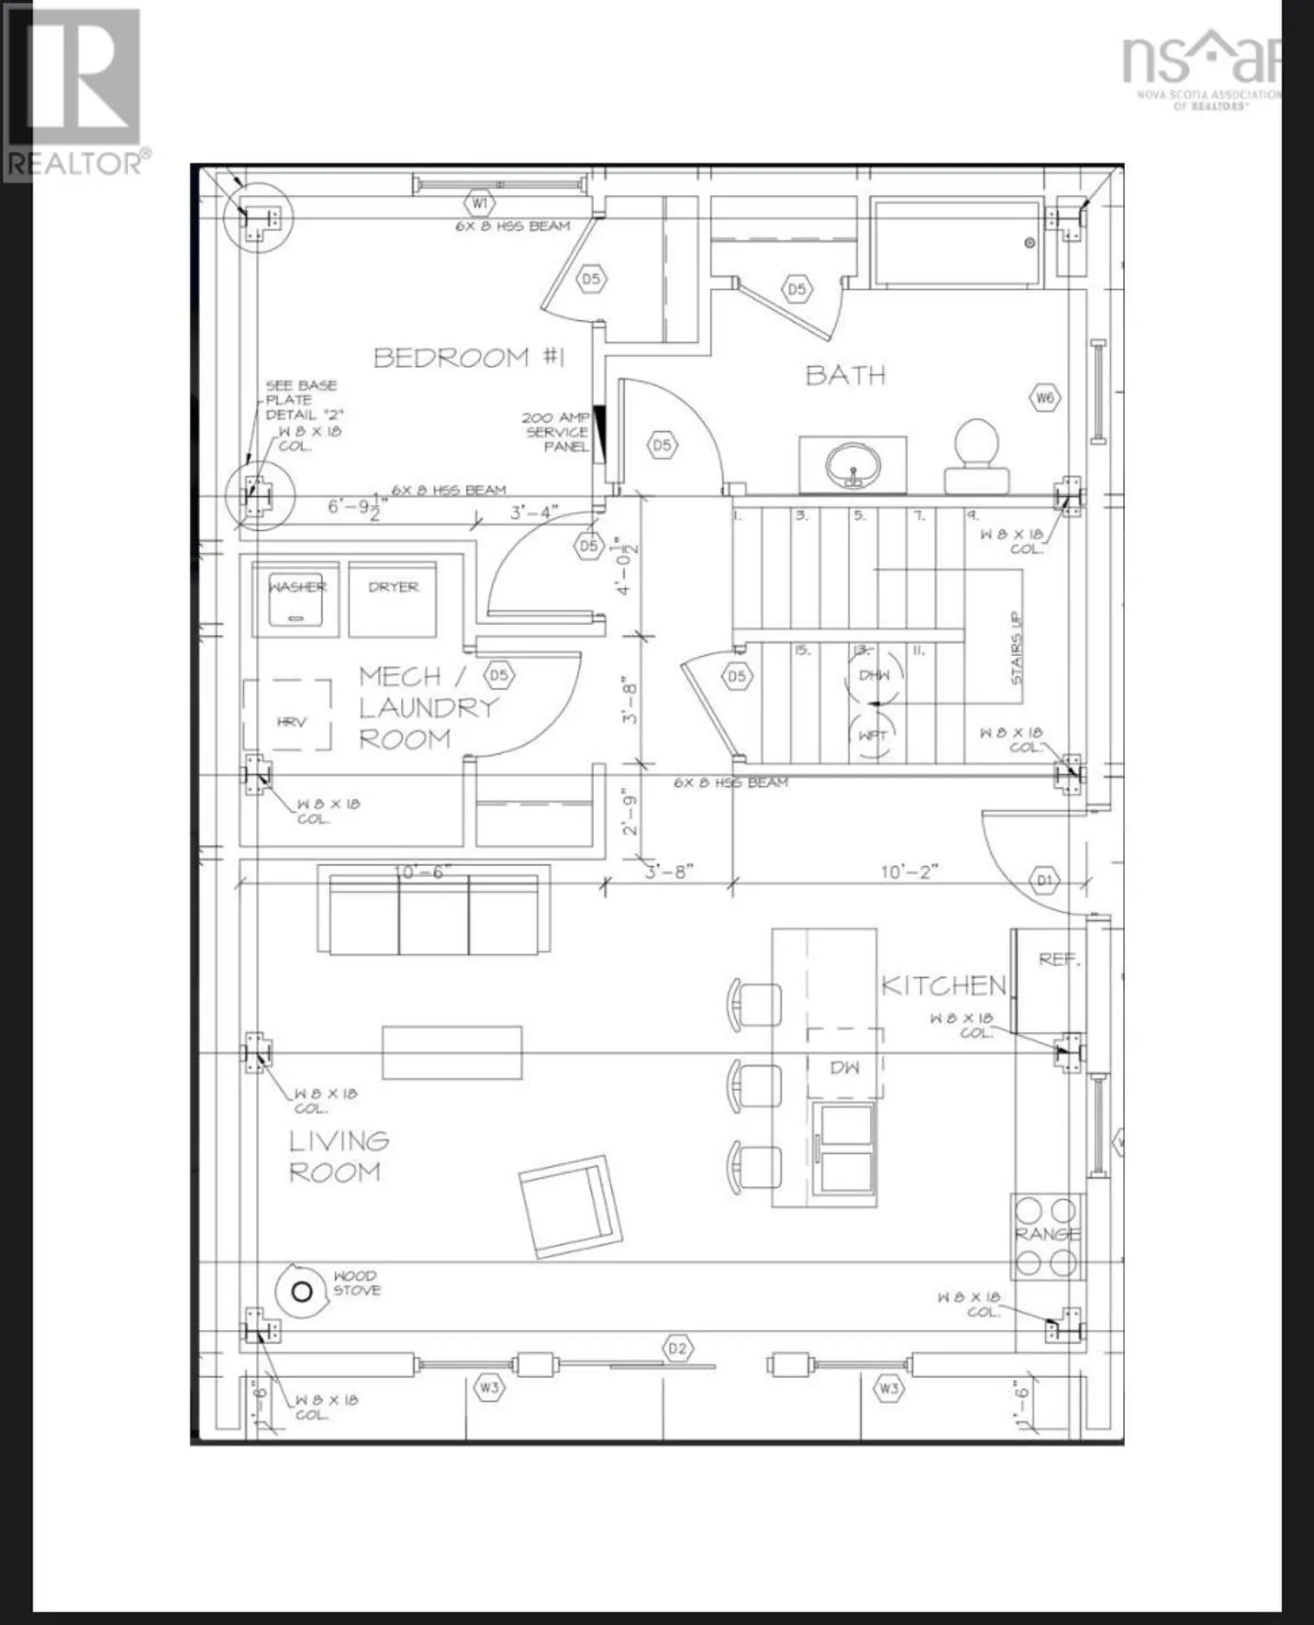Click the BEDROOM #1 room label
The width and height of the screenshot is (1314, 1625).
pyautogui.click(x=469, y=357)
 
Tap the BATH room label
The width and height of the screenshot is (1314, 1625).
pyautogui.click(x=845, y=375)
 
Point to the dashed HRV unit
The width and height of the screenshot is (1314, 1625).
pyautogui.click(x=287, y=715)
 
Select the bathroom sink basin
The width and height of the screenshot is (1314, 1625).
pyautogui.click(x=853, y=465)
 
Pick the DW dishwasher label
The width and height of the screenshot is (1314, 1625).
pyautogui.click(x=844, y=1067)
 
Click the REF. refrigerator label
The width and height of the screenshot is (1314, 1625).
pyautogui.click(x=1057, y=959)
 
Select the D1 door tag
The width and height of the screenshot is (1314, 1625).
pyautogui.click(x=1044, y=881)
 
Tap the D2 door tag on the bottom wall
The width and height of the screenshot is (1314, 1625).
pyautogui.click(x=677, y=1349)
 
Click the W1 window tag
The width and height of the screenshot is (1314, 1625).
pyautogui.click(x=479, y=203)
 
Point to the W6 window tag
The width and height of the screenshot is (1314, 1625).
pyautogui.click(x=1044, y=398)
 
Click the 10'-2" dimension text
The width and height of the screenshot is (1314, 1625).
pyautogui.click(x=909, y=872)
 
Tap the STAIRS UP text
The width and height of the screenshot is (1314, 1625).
pyautogui.click(x=1016, y=649)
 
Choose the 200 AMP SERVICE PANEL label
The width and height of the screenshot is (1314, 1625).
pyautogui.click(x=556, y=432)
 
